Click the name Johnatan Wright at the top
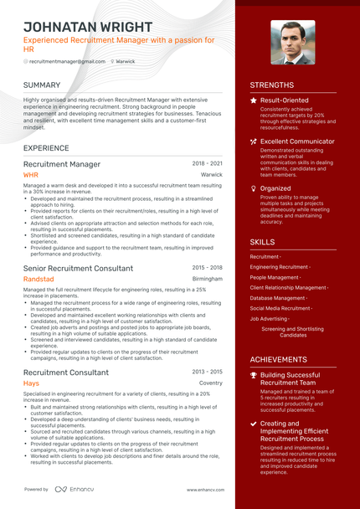pos(88,27)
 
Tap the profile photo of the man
pos(293,42)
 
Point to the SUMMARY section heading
pos(42,85)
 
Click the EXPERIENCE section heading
pos(47,148)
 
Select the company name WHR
pos(31,175)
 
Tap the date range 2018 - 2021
pos(208,164)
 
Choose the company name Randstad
pos(39,279)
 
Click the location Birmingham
pos(208,279)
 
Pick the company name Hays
pos(31,383)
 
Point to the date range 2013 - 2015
pos(208,371)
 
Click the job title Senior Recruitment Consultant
pos(78,268)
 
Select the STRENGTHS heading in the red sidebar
pos(272,85)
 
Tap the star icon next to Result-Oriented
pos(254,100)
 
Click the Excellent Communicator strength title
pos(297,142)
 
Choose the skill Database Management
pos(278,298)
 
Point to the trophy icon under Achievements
pos(254,375)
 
